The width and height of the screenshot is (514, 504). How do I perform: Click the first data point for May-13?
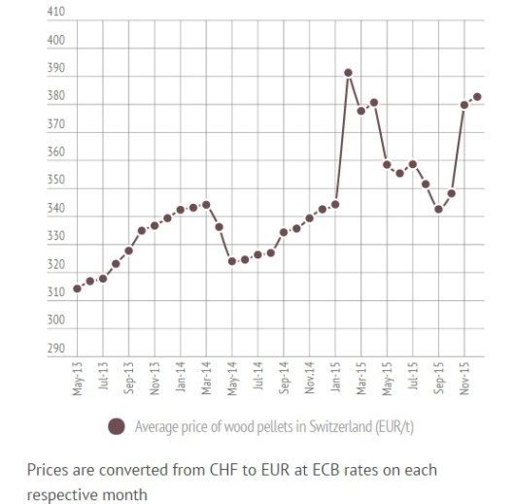[x=77, y=288]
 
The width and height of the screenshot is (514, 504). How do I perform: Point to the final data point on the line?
[x=477, y=96]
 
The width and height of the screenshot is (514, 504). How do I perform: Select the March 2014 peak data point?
[x=206, y=205]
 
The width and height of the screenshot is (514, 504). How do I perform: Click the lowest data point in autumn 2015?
[x=439, y=209]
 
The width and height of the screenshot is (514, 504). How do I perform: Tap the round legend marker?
[x=118, y=425]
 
